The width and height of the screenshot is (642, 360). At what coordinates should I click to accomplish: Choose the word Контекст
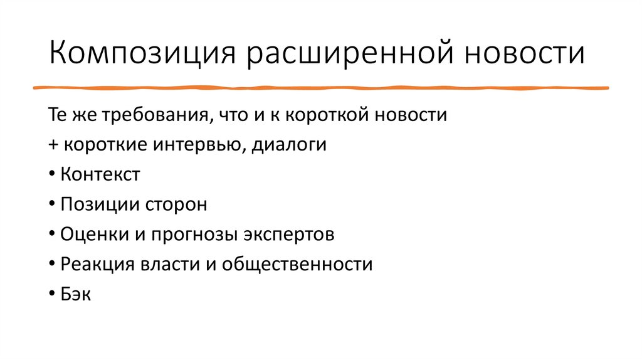pos(100,175)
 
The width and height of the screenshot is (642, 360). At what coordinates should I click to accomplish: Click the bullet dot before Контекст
pos(51,175)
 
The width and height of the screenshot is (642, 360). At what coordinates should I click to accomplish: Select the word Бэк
pos(76,294)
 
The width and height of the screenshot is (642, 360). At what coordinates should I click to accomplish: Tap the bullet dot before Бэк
pos(51,294)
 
